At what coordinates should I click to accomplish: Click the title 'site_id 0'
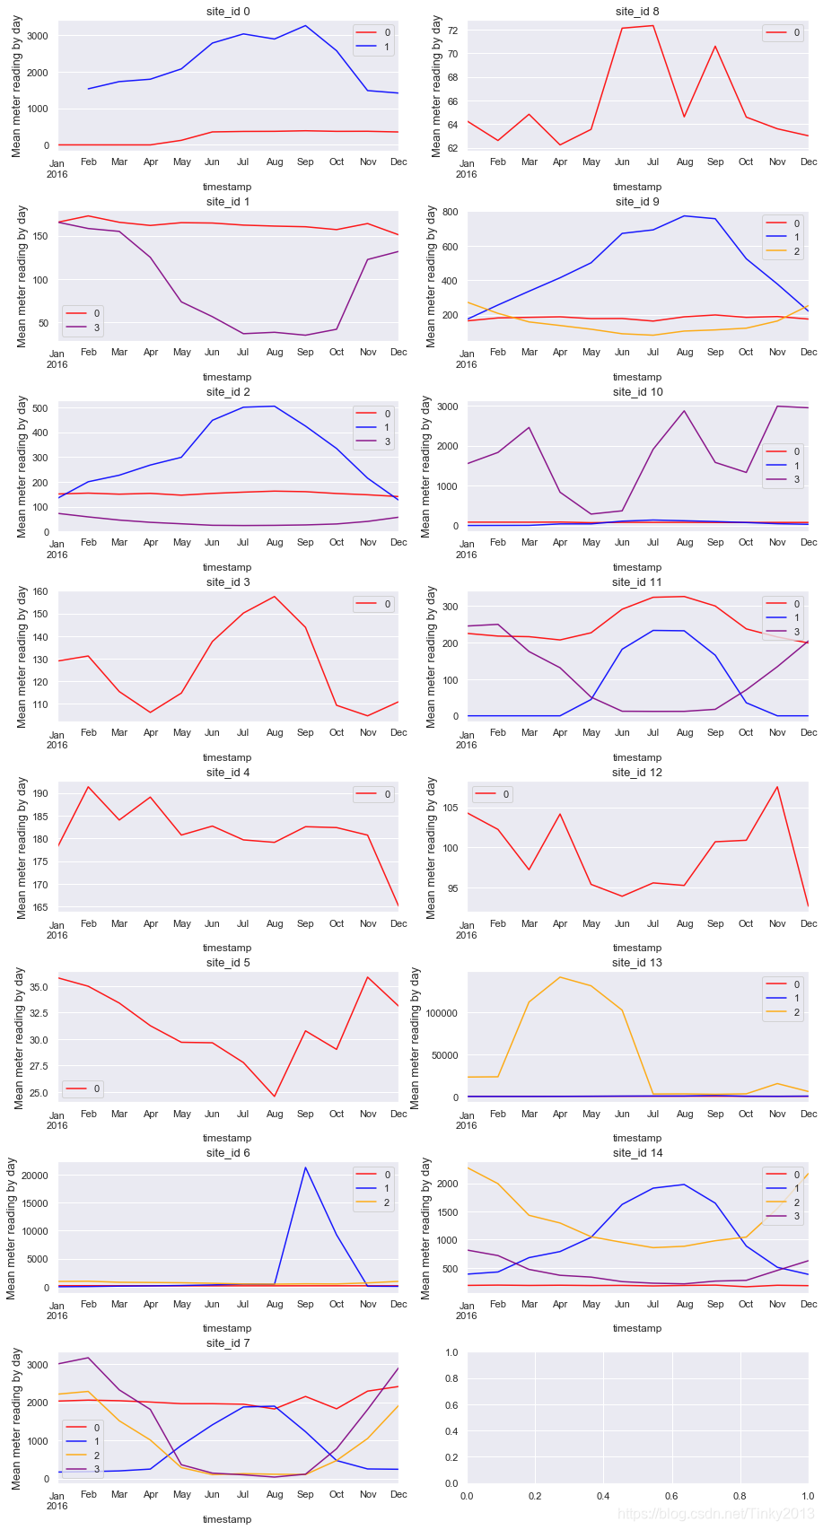point(228,11)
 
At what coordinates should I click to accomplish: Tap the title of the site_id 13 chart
point(637,963)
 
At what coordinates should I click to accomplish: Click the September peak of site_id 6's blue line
point(305,1167)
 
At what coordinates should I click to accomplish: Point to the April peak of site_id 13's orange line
point(560,977)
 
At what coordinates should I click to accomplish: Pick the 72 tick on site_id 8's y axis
point(451,31)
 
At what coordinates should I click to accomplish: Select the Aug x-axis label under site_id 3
point(275,733)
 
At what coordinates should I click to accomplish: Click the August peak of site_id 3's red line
point(275,597)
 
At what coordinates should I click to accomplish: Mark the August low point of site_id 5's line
point(275,1097)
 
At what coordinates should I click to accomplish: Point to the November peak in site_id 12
point(777,787)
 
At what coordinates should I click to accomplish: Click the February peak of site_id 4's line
point(89,787)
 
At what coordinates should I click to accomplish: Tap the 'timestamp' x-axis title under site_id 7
point(227,1519)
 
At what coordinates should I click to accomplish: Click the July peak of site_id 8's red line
point(652,25)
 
